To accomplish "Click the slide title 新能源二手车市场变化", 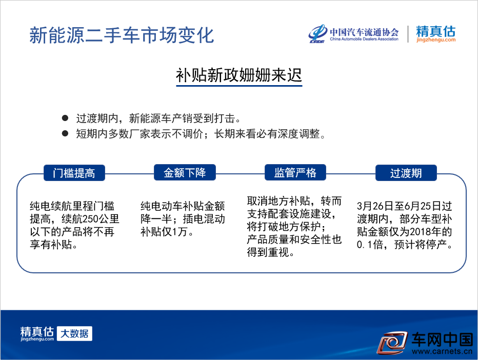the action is click(122, 35).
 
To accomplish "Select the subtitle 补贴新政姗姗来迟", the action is click(239, 75).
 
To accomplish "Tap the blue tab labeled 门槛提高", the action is click(74, 173).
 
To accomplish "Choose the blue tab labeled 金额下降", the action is click(185, 172).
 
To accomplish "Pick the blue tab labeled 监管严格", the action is click(295, 172).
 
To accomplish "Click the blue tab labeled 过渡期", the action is click(406, 173).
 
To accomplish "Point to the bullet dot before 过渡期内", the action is click(65, 118).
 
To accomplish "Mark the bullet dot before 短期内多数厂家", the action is click(65, 133).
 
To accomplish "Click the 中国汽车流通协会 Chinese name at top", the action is click(364, 32).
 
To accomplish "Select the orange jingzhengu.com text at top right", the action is click(436, 40).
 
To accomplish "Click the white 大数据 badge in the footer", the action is click(74, 333).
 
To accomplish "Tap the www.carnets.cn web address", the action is click(442, 351).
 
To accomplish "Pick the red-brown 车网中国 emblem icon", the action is click(392, 343).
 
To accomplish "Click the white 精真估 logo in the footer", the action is click(37, 333).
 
